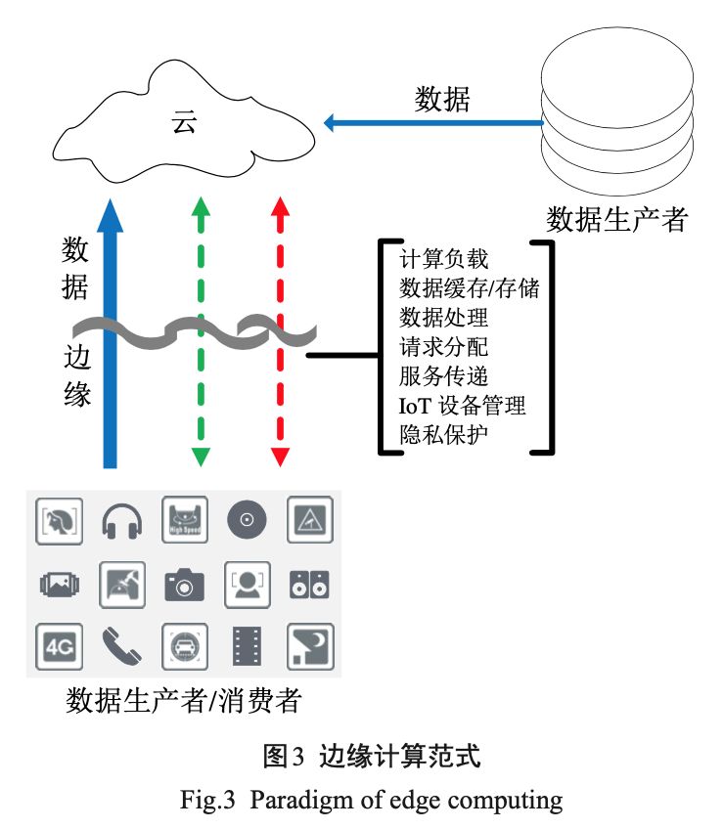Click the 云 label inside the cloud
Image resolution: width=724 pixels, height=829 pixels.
[x=184, y=122]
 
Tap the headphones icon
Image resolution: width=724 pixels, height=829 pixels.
[x=121, y=521]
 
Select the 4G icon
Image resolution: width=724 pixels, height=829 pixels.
[x=59, y=646]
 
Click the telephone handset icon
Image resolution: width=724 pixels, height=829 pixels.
[x=121, y=646]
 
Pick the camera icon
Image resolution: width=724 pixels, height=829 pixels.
[x=184, y=585]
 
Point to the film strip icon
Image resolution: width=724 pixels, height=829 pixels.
[x=248, y=646]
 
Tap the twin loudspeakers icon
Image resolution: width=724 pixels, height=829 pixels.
[x=309, y=585]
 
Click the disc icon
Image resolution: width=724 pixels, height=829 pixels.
[x=248, y=520]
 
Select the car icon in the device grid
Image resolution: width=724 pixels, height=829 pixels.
[x=184, y=646]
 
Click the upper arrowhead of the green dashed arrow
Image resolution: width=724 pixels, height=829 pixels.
[x=201, y=206]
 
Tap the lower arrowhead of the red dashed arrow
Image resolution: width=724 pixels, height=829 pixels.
[x=280, y=457]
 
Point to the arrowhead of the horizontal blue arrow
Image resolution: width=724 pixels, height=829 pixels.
[x=329, y=122]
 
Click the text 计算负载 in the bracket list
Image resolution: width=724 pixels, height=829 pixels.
[x=443, y=259]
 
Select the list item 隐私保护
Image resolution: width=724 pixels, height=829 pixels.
[x=443, y=435]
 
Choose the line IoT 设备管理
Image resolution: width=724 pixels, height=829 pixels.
[x=462, y=406]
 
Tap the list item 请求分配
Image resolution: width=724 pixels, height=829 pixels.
[x=443, y=347]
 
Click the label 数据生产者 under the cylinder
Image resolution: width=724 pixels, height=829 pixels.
[x=616, y=219]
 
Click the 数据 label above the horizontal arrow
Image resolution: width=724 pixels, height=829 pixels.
[x=442, y=99]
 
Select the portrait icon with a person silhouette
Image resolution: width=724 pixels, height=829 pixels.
[x=248, y=585]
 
